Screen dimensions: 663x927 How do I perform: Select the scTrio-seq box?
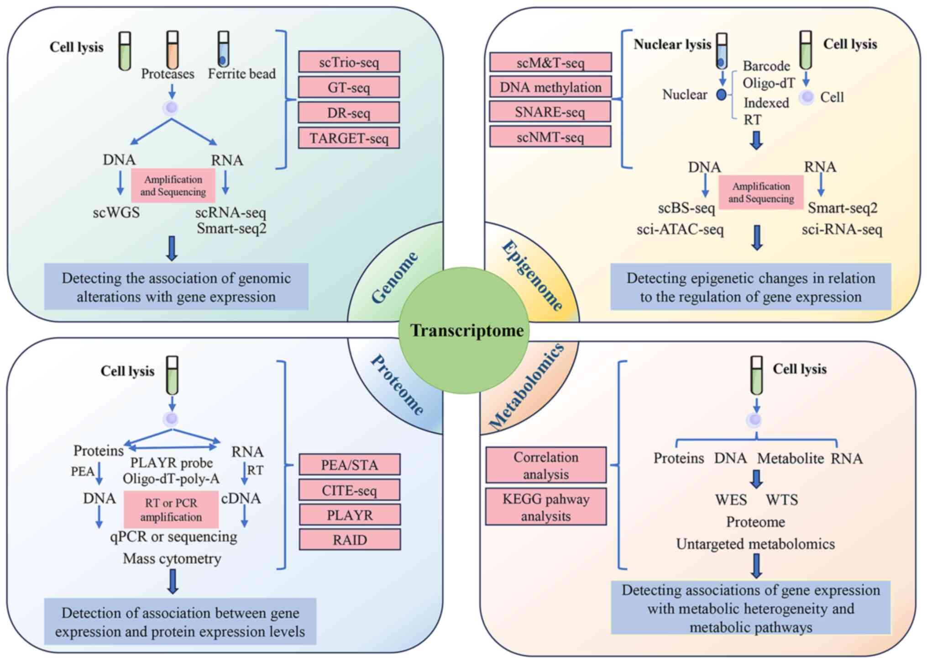(349, 62)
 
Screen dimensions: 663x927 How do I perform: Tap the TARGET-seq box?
(349, 138)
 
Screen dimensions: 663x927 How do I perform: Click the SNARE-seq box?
(550, 112)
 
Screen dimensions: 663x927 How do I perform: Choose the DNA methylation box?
(550, 87)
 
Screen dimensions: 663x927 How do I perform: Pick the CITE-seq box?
(350, 490)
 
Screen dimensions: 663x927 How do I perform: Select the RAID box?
(350, 540)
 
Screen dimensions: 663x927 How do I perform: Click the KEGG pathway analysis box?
(546, 507)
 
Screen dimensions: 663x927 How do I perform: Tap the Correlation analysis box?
(546, 465)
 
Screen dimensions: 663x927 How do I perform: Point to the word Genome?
(394, 278)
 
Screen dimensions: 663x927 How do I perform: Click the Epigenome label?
(532, 276)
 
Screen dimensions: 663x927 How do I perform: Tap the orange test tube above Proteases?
(173, 49)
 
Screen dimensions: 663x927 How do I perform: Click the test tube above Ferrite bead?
(223, 49)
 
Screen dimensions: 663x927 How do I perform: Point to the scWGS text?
(116, 212)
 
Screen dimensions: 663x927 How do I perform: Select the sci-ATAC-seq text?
(680, 229)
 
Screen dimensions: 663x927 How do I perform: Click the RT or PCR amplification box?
(171, 509)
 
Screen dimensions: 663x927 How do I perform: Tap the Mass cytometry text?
(172, 558)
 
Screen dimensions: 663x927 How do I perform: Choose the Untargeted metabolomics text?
(755, 544)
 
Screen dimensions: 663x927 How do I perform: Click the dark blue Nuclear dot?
(721, 95)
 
